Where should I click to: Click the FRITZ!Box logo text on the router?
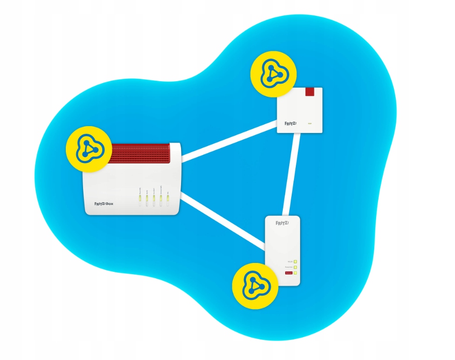coord(100,204)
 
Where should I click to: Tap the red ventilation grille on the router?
coord(140,154)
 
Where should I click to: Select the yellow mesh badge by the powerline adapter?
coord(255,286)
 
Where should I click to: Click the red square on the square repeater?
coord(310,92)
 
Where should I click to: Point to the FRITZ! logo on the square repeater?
coord(290,124)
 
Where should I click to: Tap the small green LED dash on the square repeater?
coord(310,124)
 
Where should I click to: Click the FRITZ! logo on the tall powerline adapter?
coord(283,223)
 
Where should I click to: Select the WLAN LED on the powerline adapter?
coord(295,261)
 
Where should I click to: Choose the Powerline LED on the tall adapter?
coord(295,267)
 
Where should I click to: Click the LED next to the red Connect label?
coord(295,273)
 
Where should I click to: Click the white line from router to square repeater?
coord(229,141)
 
